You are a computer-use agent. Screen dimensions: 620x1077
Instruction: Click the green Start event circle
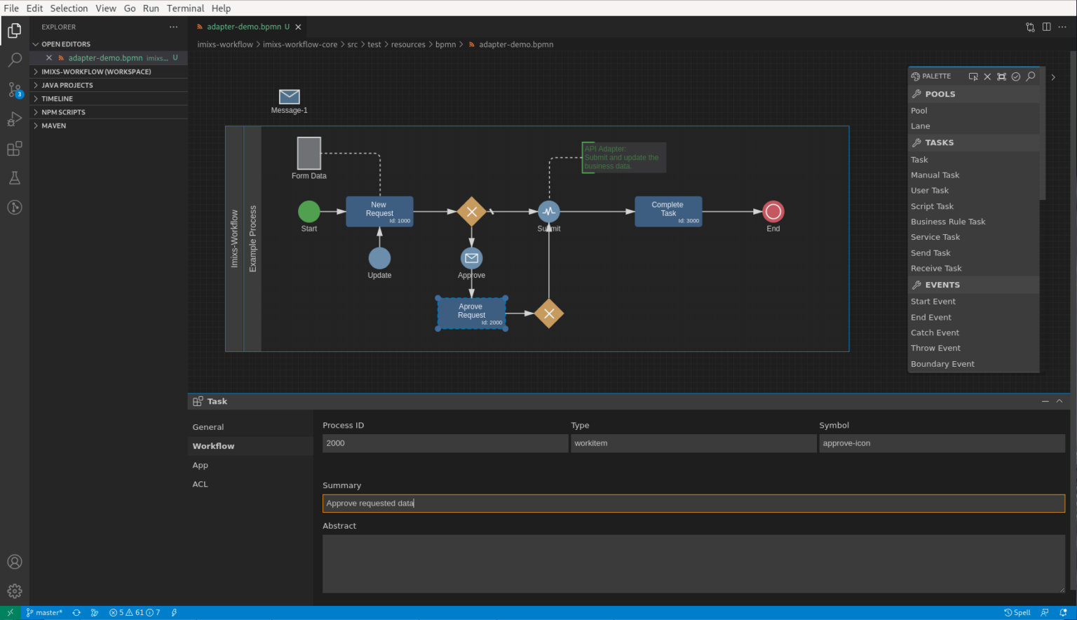pos(309,211)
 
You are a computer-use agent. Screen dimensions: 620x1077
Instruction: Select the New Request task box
pos(379,211)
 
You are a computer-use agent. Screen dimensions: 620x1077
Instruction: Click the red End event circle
pos(773,211)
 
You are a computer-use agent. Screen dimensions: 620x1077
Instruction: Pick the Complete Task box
pos(668,211)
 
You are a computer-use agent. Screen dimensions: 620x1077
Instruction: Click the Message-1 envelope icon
pos(289,97)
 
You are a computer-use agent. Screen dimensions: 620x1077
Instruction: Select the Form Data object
pos(309,154)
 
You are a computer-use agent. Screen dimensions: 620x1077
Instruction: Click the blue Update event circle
pos(379,258)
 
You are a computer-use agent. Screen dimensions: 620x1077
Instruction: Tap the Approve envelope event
pos(472,258)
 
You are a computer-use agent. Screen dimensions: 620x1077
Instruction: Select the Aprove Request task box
pos(471,314)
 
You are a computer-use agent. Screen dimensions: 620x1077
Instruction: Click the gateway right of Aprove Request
pos(549,314)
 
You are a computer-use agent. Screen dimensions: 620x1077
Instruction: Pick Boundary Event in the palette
pos(942,364)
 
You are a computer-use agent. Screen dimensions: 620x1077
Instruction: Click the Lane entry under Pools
pos(921,126)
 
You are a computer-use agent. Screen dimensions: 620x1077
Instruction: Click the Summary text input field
pos(693,504)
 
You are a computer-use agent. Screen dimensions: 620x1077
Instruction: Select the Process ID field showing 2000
pos(445,443)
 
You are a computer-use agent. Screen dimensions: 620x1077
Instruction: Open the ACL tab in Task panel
pos(201,485)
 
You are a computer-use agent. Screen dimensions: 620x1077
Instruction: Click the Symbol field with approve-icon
pos(941,443)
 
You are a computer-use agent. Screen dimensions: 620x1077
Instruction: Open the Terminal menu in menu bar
pos(185,8)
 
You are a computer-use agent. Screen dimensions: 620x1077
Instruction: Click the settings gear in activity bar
pos(15,591)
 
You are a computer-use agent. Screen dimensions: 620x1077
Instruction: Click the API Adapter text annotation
pos(623,158)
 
